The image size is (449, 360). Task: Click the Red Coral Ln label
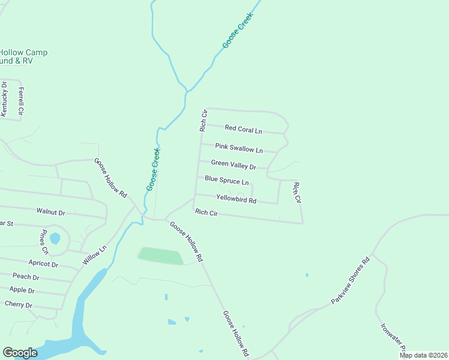point(244,129)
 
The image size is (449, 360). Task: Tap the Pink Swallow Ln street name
point(239,148)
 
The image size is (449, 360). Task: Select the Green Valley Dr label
point(234,164)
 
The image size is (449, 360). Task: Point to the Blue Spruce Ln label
point(226,180)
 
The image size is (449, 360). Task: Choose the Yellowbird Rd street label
point(236,199)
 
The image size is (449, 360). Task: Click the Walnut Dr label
point(50,212)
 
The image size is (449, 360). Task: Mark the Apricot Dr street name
point(43,263)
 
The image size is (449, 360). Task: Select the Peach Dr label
point(26,277)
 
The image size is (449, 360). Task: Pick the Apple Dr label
point(22,290)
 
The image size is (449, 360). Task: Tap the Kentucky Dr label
point(4,98)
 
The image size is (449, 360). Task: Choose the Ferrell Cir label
point(21,101)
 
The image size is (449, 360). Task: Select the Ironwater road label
point(394,339)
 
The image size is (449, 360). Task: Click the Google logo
point(20,353)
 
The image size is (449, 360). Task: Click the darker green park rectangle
point(160,256)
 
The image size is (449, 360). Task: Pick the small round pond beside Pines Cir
point(55,238)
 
